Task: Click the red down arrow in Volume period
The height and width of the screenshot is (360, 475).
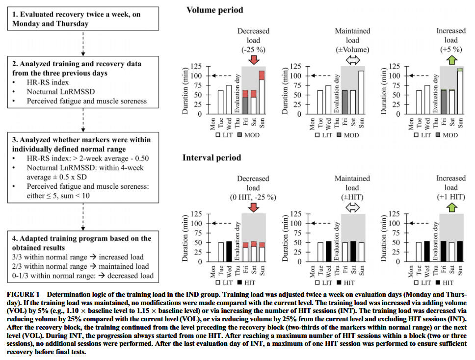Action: [x=253, y=59]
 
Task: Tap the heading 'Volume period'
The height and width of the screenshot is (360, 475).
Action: [x=214, y=10]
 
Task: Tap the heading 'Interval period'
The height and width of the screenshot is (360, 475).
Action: [x=211, y=157]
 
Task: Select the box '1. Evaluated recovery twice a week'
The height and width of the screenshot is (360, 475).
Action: [x=83, y=19]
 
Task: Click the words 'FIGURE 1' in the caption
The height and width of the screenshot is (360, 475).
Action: [x=23, y=295]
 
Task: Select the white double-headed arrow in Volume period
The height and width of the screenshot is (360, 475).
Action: [x=352, y=59]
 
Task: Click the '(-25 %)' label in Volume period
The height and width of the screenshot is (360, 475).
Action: [x=253, y=50]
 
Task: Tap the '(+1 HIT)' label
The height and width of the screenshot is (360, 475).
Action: [x=450, y=197]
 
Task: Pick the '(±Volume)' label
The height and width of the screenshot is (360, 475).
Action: [x=352, y=50]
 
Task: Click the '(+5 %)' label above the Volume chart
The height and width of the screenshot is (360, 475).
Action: [x=450, y=50]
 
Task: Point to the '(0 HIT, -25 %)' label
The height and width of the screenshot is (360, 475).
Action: [x=253, y=197]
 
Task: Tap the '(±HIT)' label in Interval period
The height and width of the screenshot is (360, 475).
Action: [x=352, y=197]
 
